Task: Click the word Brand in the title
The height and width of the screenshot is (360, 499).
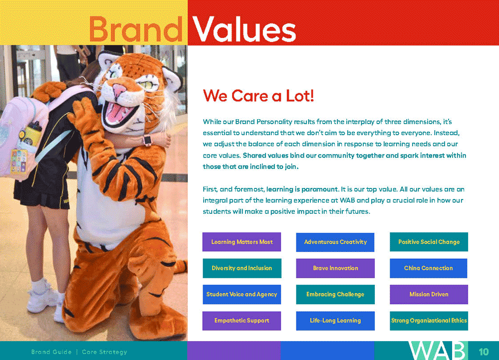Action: (x=136, y=29)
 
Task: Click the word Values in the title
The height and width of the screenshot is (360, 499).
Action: (x=244, y=29)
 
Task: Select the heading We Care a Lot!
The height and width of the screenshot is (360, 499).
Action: (x=258, y=95)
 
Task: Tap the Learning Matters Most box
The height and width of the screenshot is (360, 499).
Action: (x=242, y=242)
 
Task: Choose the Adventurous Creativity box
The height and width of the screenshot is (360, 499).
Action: (x=335, y=242)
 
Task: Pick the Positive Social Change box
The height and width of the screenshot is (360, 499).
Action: (x=429, y=242)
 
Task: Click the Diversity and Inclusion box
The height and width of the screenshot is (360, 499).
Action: (x=242, y=268)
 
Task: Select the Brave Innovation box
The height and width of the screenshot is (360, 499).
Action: (x=335, y=268)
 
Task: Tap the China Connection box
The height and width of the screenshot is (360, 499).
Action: (x=429, y=268)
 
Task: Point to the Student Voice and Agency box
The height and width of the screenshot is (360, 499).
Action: (x=242, y=295)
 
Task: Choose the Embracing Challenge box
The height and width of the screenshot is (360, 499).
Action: (x=335, y=295)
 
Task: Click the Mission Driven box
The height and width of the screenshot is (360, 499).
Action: (x=429, y=295)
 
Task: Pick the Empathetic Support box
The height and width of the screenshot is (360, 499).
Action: (x=242, y=321)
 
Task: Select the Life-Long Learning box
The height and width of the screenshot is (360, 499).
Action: (x=335, y=321)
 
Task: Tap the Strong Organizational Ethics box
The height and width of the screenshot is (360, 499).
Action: (x=429, y=321)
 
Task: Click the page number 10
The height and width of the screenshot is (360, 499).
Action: (x=484, y=352)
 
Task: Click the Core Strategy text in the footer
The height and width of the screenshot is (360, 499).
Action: (x=104, y=352)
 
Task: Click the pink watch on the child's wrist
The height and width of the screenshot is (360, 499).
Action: (x=147, y=140)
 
